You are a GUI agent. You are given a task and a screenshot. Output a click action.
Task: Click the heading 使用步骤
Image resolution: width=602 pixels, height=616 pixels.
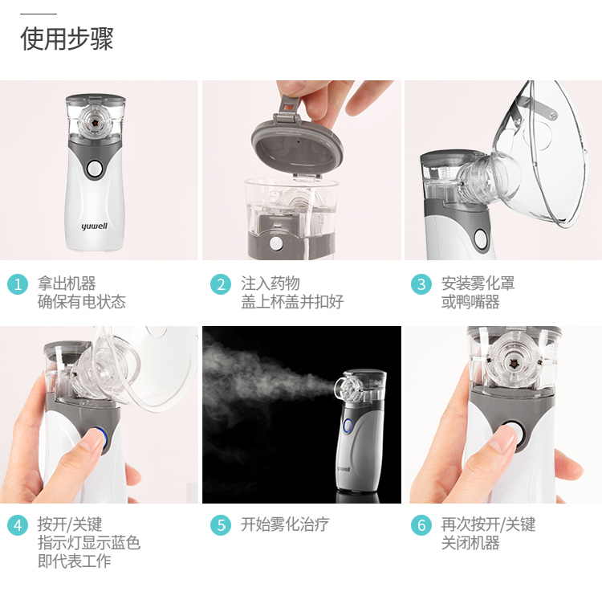point(67,39)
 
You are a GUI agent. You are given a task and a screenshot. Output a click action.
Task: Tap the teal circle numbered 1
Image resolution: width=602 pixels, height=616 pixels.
point(18,284)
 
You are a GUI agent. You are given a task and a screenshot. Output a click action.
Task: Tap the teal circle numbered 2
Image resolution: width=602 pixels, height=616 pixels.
point(221,284)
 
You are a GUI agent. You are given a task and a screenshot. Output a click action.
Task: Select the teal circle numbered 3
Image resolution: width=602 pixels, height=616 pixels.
point(421,284)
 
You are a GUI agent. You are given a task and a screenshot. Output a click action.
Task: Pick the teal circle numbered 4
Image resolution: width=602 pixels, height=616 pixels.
point(18,525)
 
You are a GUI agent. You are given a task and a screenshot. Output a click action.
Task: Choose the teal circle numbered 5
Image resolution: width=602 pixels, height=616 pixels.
point(221,525)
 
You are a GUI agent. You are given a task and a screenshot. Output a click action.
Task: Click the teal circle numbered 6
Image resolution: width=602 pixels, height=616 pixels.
point(421,525)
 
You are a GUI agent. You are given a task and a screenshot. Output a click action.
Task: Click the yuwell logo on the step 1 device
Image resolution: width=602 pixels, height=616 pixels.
point(94,226)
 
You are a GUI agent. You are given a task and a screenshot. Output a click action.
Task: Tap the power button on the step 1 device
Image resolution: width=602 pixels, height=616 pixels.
point(95,169)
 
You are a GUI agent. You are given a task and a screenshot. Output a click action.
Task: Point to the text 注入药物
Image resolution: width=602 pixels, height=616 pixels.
point(270,284)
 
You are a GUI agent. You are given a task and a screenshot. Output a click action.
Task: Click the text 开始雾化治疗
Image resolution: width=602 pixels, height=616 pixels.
point(285,524)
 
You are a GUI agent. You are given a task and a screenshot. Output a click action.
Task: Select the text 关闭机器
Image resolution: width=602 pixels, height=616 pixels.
point(470,543)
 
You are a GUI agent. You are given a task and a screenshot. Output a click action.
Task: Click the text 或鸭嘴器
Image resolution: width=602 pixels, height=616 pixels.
point(470,302)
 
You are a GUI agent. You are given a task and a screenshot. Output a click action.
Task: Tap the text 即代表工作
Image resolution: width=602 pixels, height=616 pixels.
point(74,561)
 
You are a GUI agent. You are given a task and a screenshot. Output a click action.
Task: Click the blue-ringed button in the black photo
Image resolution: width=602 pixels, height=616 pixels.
point(348,426)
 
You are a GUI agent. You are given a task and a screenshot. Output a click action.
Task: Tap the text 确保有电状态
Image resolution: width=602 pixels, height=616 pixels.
point(82,302)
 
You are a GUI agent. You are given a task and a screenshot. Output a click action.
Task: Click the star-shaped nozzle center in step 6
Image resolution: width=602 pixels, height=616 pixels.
point(513,364)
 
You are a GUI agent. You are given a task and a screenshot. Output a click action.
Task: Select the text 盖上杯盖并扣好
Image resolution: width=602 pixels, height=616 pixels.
point(292,302)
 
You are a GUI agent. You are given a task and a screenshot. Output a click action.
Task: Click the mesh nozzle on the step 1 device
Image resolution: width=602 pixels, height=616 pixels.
point(95,123)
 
